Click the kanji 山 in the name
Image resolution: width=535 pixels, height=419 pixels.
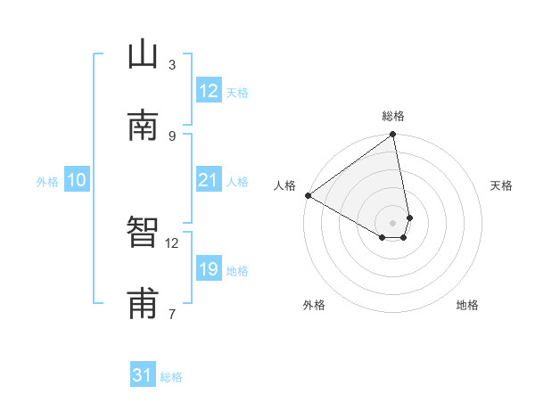click(143, 55)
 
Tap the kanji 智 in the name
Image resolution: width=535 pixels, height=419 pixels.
click(143, 234)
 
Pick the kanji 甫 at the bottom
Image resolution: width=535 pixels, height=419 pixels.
click(143, 304)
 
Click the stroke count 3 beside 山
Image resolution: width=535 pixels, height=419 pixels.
click(172, 64)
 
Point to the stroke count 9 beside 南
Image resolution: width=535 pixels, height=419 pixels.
click(172, 136)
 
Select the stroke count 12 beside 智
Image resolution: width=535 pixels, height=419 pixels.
click(172, 242)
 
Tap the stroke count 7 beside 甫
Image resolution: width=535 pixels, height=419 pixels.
click(172, 314)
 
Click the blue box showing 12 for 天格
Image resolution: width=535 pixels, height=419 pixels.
click(208, 91)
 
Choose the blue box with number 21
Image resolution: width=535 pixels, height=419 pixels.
click(208, 180)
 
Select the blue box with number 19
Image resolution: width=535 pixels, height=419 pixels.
click(208, 269)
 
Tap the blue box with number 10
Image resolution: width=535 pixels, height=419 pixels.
click(77, 180)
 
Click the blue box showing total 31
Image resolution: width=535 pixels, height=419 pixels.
click(143, 375)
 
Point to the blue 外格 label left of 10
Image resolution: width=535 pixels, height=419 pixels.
click(47, 182)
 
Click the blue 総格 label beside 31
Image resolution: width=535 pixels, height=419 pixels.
click(171, 377)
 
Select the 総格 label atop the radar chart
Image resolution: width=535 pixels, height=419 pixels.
click(393, 116)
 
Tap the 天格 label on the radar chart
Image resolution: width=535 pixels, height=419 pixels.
click(502, 185)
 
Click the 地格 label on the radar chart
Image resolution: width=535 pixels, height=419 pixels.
click(467, 305)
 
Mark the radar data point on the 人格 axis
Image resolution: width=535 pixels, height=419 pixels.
click(308, 195)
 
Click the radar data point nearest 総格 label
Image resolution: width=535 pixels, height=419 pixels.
click(393, 136)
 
